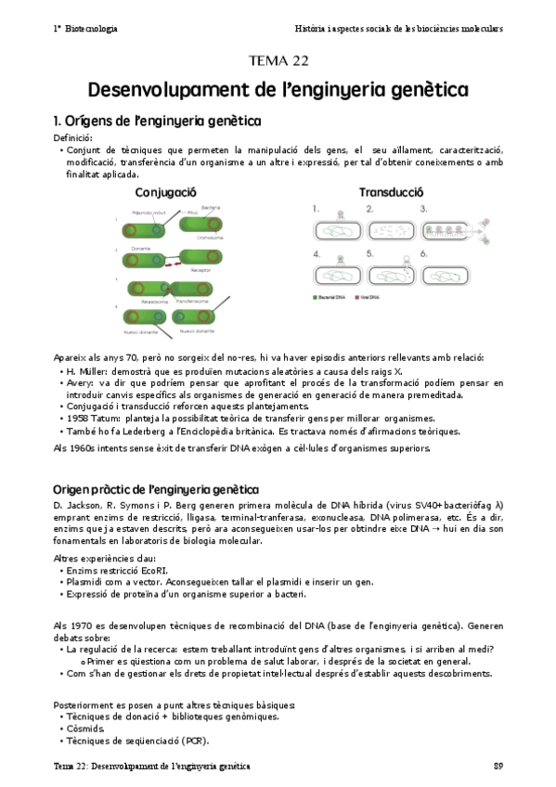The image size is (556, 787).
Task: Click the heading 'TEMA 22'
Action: pyautogui.click(x=278, y=62)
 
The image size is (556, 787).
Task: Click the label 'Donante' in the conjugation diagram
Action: pyautogui.click(x=139, y=250)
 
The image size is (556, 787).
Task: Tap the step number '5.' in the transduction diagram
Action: pyautogui.click(x=369, y=253)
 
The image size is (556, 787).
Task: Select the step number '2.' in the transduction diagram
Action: pyautogui.click(x=369, y=209)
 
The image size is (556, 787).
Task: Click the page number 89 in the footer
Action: pyautogui.click(x=498, y=767)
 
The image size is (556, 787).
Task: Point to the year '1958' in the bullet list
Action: pyautogui.click(x=78, y=418)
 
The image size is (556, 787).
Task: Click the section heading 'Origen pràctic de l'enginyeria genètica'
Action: pyautogui.click(x=156, y=489)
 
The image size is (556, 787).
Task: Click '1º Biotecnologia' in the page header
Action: pyautogui.click(x=85, y=29)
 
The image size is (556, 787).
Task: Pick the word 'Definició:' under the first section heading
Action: pyautogui.click(x=73, y=137)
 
